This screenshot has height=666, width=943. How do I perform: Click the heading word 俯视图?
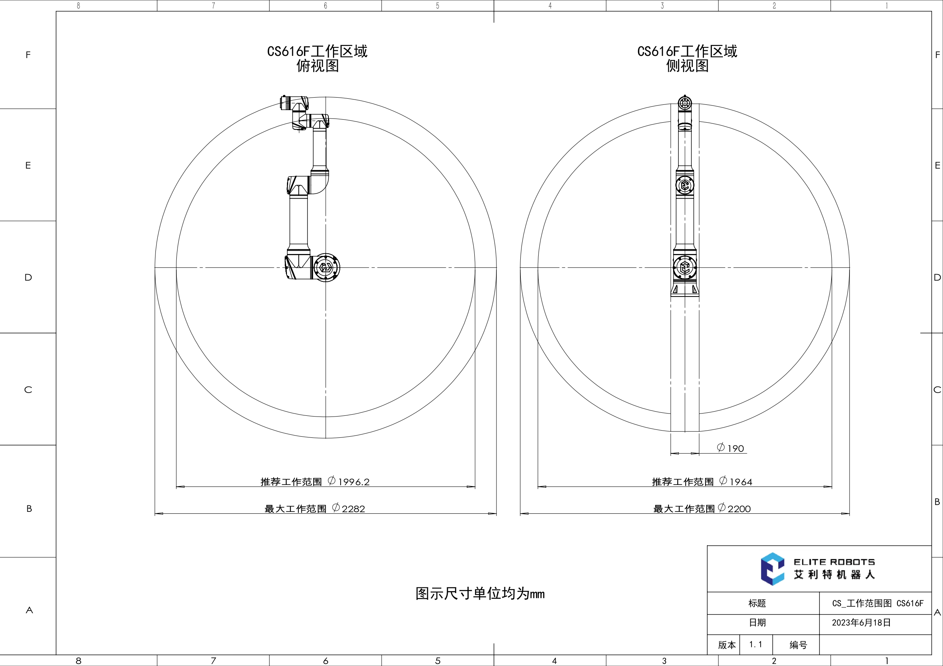point(317,66)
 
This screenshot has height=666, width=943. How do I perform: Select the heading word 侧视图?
point(687,66)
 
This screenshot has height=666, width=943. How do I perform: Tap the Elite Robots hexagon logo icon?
point(772,569)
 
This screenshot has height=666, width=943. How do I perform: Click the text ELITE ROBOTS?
point(834,562)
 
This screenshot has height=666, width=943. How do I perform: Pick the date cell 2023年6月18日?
point(861,622)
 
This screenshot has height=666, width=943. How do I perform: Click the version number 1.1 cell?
point(755,644)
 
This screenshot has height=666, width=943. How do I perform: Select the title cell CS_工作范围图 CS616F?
point(878,603)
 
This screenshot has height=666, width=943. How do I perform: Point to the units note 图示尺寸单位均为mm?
point(480,594)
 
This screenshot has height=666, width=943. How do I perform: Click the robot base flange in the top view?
point(326,268)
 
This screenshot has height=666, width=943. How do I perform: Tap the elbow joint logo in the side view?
point(685,185)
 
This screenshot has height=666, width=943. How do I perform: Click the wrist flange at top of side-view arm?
point(685,103)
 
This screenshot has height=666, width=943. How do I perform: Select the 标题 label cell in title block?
point(757,603)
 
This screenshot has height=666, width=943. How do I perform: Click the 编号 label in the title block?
point(798,645)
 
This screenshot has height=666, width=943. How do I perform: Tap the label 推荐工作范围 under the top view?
point(291,482)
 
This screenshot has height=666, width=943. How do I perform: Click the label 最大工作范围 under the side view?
point(684,509)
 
